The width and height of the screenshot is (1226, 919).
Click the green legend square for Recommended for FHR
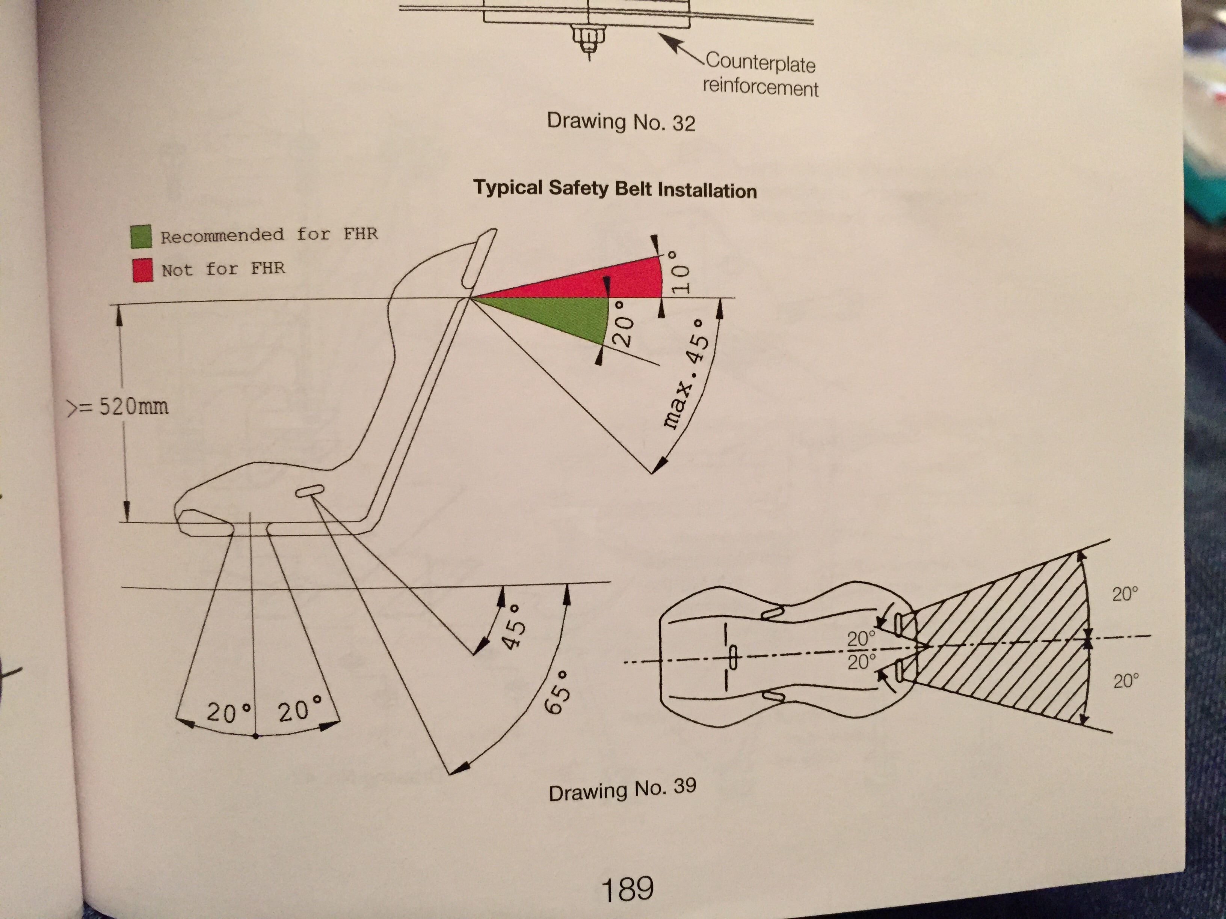[141, 236]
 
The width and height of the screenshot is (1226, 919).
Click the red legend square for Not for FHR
[142, 270]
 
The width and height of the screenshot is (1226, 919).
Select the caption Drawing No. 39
[622, 789]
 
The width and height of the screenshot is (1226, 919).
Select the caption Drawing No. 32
[621, 121]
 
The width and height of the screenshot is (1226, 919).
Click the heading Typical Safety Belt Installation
[615, 189]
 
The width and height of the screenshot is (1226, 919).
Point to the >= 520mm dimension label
[118, 407]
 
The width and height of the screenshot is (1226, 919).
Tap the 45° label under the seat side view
[513, 626]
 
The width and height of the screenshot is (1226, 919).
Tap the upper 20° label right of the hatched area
[1125, 594]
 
